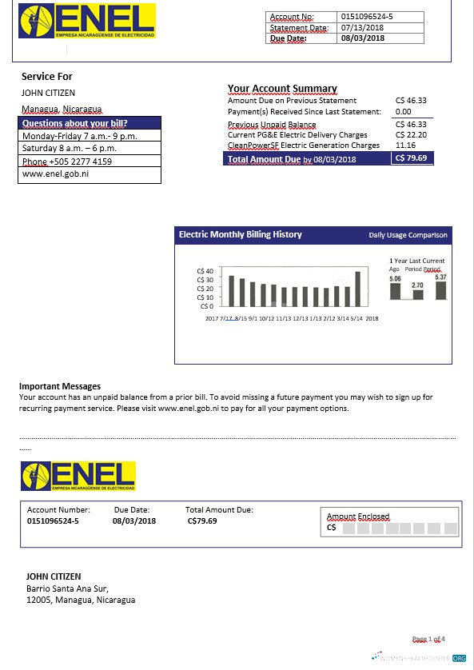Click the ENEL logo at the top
click(x=86, y=22)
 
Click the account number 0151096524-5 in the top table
click(x=367, y=16)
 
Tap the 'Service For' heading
click(x=47, y=77)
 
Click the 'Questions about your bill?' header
click(x=75, y=123)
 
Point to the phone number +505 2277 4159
click(x=67, y=162)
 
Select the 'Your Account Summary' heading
click(x=282, y=89)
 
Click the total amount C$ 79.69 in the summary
click(x=412, y=158)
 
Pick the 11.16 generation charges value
click(x=405, y=146)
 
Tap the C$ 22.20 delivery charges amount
click(x=412, y=135)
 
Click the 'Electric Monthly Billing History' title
click(x=241, y=234)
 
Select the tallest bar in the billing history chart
click(x=357, y=289)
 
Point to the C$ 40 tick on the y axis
click(x=205, y=272)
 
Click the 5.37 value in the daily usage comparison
click(x=440, y=277)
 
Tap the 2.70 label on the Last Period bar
click(x=417, y=285)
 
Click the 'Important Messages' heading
click(x=59, y=386)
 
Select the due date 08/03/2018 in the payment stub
click(x=134, y=520)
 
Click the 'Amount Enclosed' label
click(x=358, y=516)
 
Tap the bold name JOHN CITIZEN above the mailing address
click(x=54, y=576)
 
